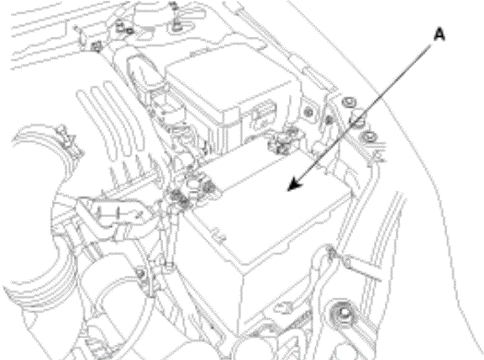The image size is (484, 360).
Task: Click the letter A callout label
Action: pyautogui.click(x=439, y=34)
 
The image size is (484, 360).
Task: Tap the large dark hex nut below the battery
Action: pyautogui.click(x=343, y=312)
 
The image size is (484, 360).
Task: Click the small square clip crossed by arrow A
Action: pyautogui.click(x=357, y=120)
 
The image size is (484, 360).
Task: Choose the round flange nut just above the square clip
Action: pyautogui.click(x=349, y=101)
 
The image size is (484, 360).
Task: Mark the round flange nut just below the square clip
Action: pyautogui.click(x=369, y=136)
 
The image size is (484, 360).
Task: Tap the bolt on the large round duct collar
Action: pyautogui.click(x=141, y=274)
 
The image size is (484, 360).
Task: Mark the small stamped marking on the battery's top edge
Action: pyautogui.click(x=218, y=236)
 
